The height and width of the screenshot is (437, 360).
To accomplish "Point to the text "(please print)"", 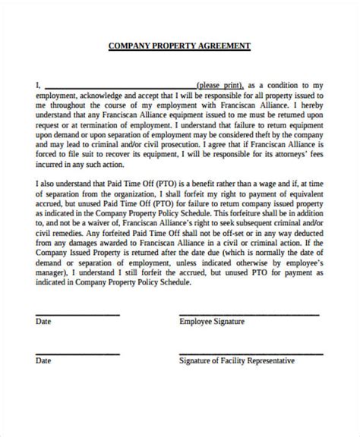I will [219, 85].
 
